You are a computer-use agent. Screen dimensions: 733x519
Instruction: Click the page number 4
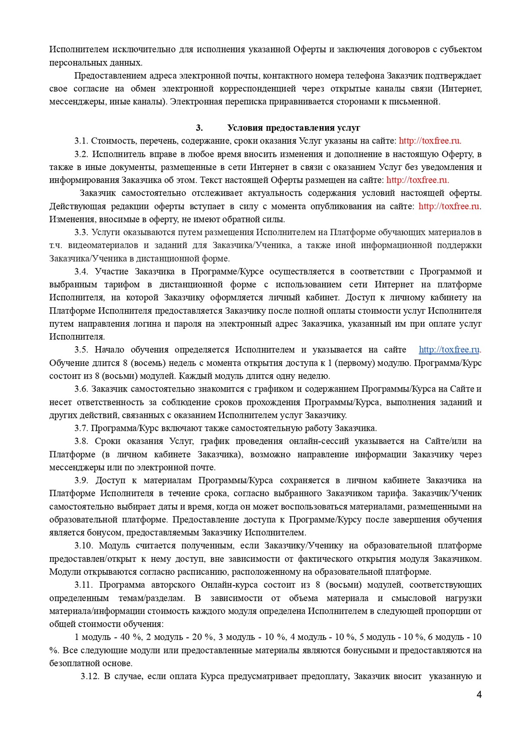[x=479, y=695]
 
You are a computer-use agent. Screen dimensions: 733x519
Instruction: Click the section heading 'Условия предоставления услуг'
[x=294, y=128]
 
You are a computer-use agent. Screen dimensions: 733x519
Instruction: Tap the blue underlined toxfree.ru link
[x=449, y=350]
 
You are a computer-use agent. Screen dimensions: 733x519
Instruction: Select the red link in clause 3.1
[x=430, y=141]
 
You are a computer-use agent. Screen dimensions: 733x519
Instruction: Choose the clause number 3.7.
[x=81, y=428]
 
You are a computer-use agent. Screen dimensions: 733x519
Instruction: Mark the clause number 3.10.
[x=83, y=546]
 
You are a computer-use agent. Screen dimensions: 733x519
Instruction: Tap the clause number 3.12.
[x=90, y=676]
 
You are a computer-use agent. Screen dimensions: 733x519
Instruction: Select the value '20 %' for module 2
[x=203, y=637]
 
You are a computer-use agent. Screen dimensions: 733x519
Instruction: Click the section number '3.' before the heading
[x=199, y=128]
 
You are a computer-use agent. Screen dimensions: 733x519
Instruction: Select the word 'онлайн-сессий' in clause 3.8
[x=319, y=441]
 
